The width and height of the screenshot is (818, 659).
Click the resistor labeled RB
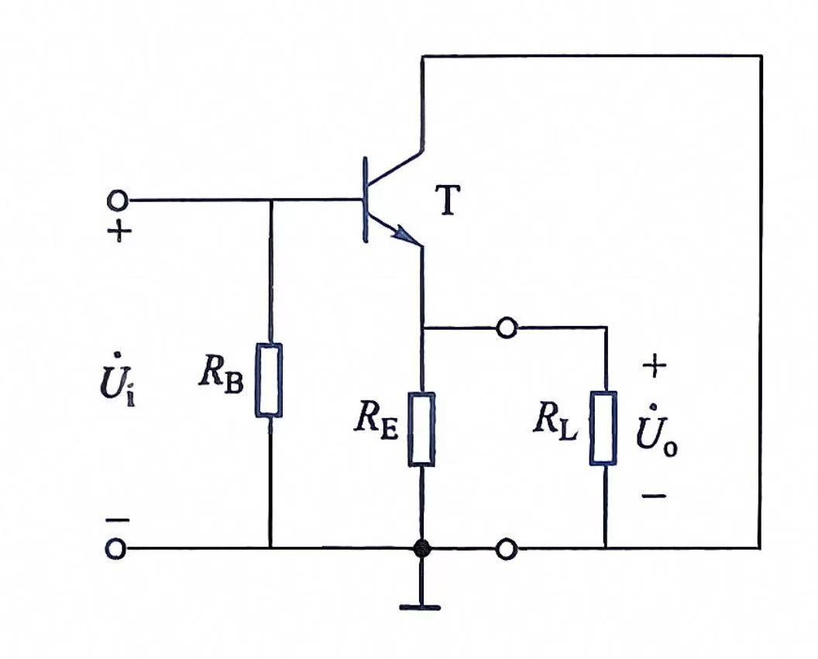[270, 380]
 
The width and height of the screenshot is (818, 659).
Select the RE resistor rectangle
[421, 429]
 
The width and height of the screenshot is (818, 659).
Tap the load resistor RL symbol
[603, 428]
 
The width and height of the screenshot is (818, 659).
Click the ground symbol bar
[420, 607]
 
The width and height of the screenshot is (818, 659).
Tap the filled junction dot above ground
[421, 548]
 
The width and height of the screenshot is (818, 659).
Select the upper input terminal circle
[117, 200]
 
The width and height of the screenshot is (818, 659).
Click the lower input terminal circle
[116, 549]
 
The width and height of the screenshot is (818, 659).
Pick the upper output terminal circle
[507, 328]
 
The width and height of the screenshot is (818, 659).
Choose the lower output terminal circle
[507, 549]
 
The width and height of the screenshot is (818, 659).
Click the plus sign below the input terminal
[119, 231]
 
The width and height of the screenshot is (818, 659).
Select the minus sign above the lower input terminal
[118, 520]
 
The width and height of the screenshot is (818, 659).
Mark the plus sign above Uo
[655, 366]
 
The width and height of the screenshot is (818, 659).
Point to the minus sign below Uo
[654, 496]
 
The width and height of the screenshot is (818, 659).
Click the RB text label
[221, 372]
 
